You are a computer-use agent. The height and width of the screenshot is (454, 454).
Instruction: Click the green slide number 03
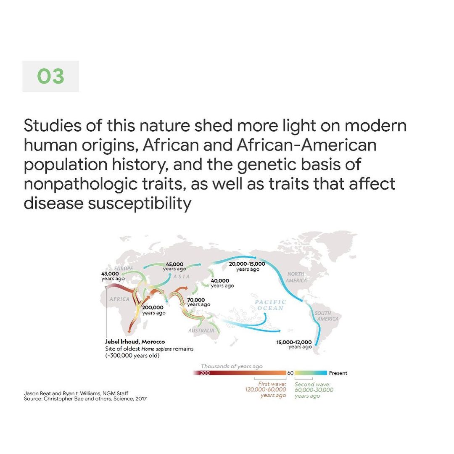pos(51,76)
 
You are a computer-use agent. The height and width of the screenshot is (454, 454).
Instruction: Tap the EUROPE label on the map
pos(123,268)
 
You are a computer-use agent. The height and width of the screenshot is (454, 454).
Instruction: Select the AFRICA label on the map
pos(119,299)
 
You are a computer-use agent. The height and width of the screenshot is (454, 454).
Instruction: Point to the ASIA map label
pos(182,277)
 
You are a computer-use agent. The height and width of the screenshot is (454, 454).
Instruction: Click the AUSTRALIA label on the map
pos(201,330)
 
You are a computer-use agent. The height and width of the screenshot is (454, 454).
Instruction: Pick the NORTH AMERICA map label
pos(296,277)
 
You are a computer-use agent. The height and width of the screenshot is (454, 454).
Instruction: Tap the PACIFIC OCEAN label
pos(270,305)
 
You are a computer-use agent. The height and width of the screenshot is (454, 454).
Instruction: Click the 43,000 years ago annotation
pos(113,276)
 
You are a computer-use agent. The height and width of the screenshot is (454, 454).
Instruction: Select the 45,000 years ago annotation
pos(174,267)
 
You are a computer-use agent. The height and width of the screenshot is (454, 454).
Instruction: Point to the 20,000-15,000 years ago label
pos(247,267)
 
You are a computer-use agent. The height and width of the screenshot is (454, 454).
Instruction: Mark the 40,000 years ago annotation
pos(222,283)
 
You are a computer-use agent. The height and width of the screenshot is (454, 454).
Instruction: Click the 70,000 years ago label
pos(198,302)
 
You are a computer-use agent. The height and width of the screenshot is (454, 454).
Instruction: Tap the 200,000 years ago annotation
pos(153,310)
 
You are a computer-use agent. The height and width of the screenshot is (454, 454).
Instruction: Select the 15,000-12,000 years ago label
pos(294,344)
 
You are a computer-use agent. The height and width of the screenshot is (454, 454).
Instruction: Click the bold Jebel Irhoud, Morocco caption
pos(135,342)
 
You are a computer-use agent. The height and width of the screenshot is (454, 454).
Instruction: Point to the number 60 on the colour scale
pos(290,373)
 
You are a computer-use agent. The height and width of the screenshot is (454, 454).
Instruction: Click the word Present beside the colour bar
pos(338,373)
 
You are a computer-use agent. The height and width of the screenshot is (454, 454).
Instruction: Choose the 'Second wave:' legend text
pos(312,384)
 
